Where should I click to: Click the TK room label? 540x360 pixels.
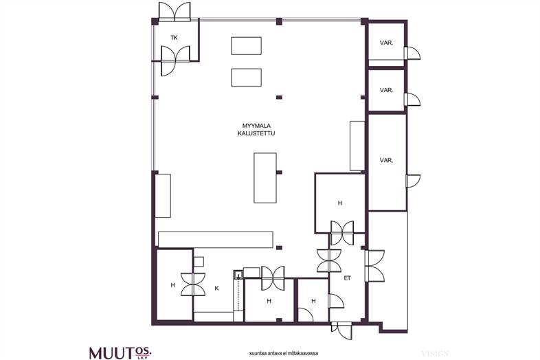(x=174, y=38)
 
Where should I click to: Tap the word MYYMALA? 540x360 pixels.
(x=256, y=126)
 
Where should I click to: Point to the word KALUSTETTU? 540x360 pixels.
(x=256, y=133)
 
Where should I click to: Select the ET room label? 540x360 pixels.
(x=347, y=278)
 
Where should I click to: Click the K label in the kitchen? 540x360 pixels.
(x=216, y=289)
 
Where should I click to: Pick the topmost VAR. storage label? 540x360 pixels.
(x=386, y=43)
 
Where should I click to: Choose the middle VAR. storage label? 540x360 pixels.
(x=386, y=90)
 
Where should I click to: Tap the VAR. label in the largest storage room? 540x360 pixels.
(x=386, y=160)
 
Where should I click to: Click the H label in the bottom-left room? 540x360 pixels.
(x=173, y=285)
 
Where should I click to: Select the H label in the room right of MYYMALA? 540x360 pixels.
(x=340, y=203)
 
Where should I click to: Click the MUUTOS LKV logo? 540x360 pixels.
(x=120, y=352)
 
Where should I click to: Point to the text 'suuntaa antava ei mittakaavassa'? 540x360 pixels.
(x=284, y=353)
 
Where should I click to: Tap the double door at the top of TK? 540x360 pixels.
(x=175, y=12)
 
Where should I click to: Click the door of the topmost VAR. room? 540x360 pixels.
(x=413, y=54)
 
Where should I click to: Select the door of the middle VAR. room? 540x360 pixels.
(x=413, y=99)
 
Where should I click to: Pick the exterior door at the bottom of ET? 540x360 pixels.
(x=342, y=330)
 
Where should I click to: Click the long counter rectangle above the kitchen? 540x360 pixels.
(x=216, y=239)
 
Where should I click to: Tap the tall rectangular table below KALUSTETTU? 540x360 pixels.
(x=265, y=178)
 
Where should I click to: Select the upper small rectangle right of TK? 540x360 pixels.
(x=246, y=46)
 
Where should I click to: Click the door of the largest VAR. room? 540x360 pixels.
(x=413, y=181)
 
